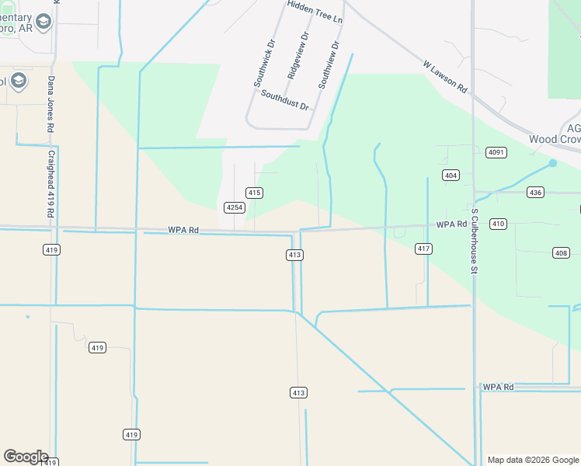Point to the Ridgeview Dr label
coord(297,56)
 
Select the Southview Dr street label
coord(329,64)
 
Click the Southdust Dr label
coord(285,99)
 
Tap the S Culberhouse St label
coord(474,241)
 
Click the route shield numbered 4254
coord(235,207)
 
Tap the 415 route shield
coord(254,192)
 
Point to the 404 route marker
coord(451,176)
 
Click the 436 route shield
coord(534,192)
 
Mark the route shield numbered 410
coord(498,224)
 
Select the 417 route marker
coord(423,249)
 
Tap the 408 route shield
coord(562,252)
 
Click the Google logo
coord(26,457)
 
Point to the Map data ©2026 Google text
coord(533,460)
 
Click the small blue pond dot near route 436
coord(552,163)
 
